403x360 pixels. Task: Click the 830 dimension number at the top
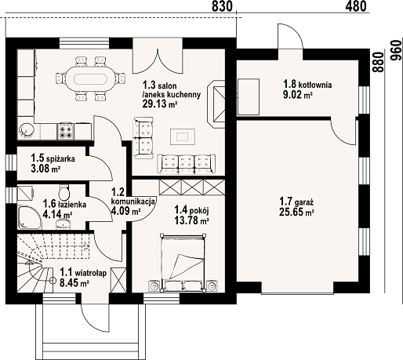(223, 7)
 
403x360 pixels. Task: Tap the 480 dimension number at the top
(356, 7)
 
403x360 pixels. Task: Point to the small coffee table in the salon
(183, 136)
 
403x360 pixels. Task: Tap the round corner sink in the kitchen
(26, 129)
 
